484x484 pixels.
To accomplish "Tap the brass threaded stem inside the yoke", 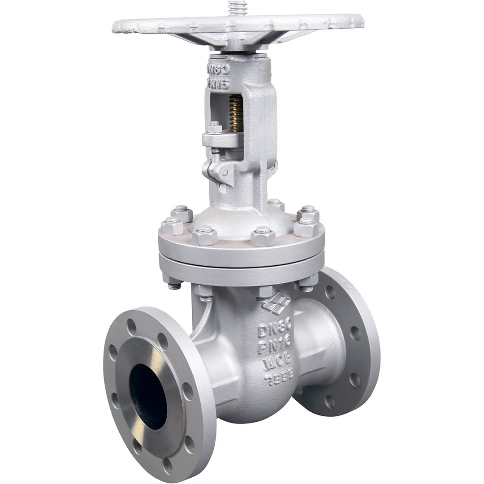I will click(x=236, y=114).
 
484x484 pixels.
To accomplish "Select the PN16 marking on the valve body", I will click(x=274, y=345).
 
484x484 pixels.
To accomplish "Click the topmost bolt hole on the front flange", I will click(x=131, y=327).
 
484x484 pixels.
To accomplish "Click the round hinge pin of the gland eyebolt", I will click(x=224, y=172).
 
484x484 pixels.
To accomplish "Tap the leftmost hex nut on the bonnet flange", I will click(x=172, y=226).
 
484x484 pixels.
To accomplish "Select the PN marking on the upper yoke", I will click(x=218, y=83).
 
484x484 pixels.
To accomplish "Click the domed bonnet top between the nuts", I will click(x=238, y=222).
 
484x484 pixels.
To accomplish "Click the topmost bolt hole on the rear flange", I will click(x=330, y=292).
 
